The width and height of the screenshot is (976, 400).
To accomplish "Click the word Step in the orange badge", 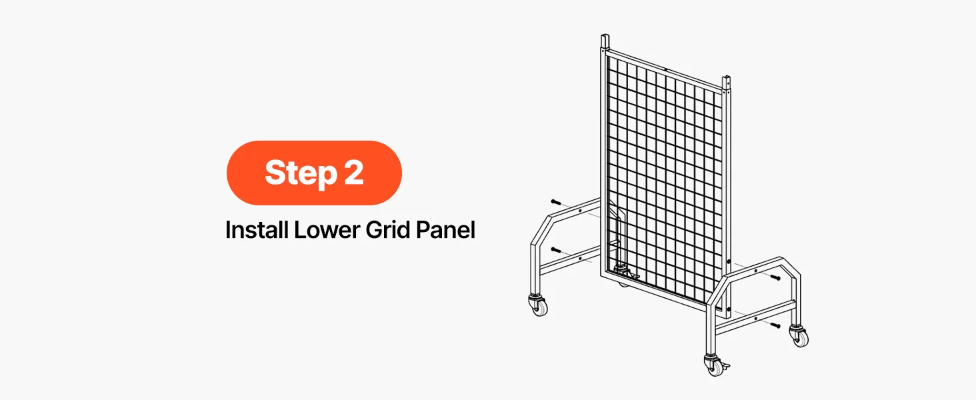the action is coord(301,173).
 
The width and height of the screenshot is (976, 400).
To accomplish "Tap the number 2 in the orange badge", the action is coord(353,172).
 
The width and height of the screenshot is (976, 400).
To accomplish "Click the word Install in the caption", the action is coord(257,229).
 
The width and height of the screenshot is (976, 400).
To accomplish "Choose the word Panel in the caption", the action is coord(445,229).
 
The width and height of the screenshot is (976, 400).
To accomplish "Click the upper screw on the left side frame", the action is coord(556,202).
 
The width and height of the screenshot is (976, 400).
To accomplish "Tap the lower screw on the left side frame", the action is coord(556,250).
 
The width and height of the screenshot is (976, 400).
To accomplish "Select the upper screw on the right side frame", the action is coord(775,277).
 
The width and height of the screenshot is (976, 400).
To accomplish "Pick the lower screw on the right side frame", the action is coord(775,325).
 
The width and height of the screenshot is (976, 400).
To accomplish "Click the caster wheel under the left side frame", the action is coord(539,305).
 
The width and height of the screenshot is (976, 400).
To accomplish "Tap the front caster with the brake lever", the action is coord(715,365).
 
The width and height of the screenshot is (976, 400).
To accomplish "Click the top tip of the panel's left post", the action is coord(605,35).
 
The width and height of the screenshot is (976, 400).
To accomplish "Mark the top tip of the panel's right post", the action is coord(726,77).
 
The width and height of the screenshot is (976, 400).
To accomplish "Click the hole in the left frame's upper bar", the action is coord(580,211).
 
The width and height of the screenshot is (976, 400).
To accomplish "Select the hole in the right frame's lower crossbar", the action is coord(755,319).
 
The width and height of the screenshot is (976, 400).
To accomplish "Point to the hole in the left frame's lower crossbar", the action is coord(580,259).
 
